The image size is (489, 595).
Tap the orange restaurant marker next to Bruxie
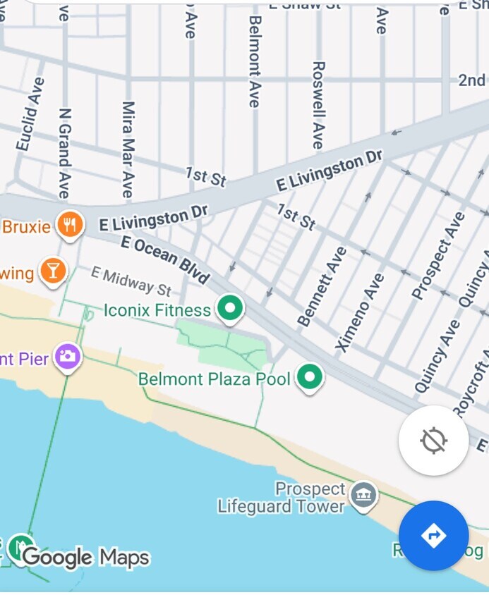pyautogui.click(x=69, y=225)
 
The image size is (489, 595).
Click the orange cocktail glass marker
pyautogui.click(x=52, y=271)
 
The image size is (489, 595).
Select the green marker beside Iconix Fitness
pyautogui.click(x=229, y=308)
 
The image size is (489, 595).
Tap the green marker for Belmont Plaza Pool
pyautogui.click(x=308, y=377)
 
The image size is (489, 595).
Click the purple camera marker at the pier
pyautogui.click(x=68, y=356)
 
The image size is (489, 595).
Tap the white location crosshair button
pyautogui.click(x=433, y=441)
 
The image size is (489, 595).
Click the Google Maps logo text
pyautogui.click(x=86, y=558)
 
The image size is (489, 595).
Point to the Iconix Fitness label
pyautogui.click(x=157, y=310)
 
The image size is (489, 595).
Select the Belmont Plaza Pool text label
pyautogui.click(x=215, y=379)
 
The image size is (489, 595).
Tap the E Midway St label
pyautogui.click(x=131, y=281)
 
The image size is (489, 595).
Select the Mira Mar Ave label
pyautogui.click(x=128, y=149)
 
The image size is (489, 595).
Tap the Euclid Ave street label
pyautogui.click(x=30, y=114)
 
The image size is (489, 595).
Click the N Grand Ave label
pyautogui.click(x=65, y=153)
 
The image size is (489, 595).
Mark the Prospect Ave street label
pyautogui.click(x=438, y=255)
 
